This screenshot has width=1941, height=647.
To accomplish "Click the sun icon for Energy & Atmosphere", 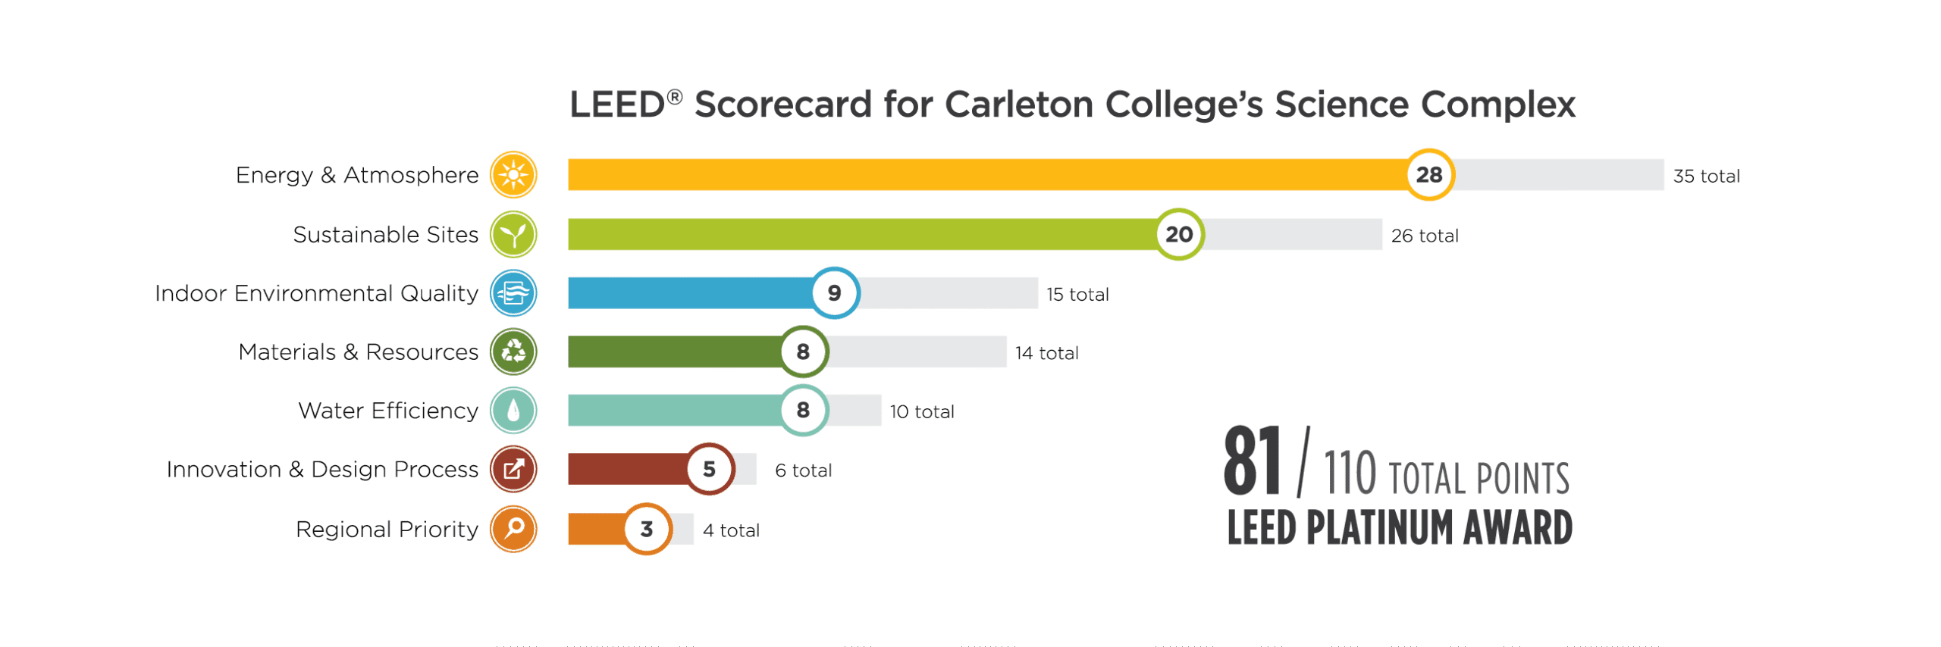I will [513, 174].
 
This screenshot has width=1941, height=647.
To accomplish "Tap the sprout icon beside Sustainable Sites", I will [513, 234].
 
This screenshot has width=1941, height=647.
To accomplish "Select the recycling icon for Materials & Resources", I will [513, 352].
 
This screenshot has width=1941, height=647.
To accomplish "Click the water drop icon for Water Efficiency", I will [513, 411].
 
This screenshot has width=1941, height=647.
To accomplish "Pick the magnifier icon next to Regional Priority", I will [513, 529].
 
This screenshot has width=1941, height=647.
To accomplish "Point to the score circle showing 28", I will [1429, 174].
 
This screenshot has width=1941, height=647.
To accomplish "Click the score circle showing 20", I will [1179, 234].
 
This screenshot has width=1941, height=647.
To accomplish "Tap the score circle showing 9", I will [834, 293].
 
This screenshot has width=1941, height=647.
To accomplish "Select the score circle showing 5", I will [709, 469].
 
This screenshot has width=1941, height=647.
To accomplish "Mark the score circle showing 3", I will [647, 529].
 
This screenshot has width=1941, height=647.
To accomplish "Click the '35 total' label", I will [1706, 176].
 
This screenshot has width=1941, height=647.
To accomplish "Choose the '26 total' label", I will [1424, 236].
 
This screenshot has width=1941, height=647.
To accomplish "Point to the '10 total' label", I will [921, 411].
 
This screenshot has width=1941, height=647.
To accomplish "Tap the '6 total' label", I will [803, 470].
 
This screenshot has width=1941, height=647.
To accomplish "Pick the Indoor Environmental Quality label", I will [316, 293].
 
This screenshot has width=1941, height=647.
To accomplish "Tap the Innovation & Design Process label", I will [322, 470].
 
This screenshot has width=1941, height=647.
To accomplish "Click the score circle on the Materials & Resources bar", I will [803, 352].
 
